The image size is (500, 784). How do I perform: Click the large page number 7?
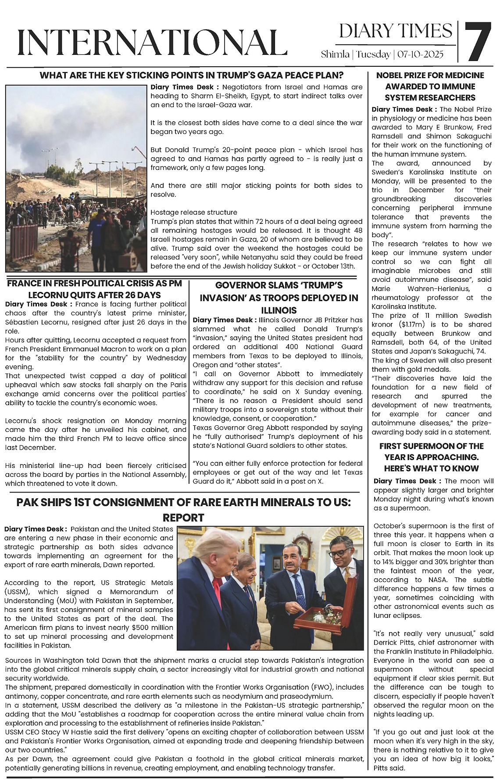point(478,42)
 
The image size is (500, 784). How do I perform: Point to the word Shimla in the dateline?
point(335,54)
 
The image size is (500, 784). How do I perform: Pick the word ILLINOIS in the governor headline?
point(279,310)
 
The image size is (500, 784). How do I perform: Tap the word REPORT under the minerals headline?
point(183,518)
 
